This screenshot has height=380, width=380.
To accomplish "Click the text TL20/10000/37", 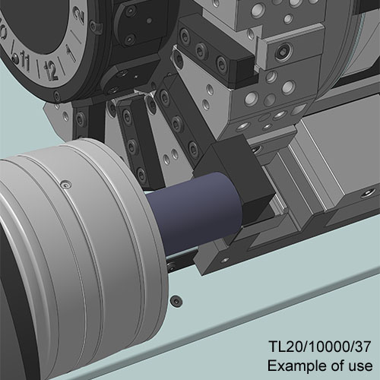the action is [320, 347].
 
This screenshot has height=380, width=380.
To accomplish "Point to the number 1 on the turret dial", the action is [71, 53].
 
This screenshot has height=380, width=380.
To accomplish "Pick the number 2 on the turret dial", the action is [79, 16].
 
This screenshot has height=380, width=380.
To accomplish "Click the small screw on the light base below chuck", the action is [176, 301].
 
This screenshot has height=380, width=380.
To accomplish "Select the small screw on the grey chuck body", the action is [66, 185].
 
